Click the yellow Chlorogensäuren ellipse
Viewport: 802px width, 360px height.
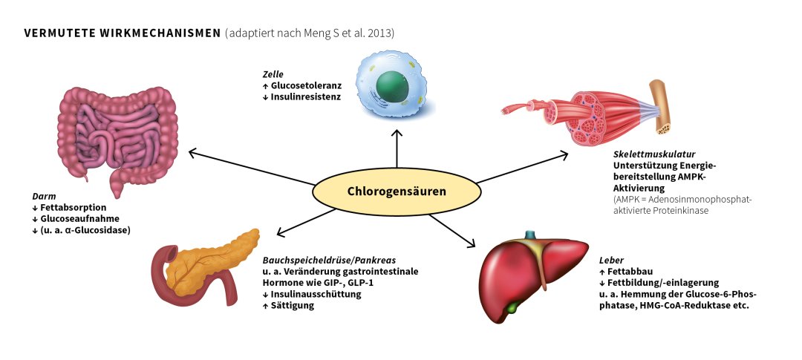(397, 192)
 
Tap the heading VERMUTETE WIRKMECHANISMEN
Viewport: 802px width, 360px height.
(123, 33)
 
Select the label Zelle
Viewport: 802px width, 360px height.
(273, 74)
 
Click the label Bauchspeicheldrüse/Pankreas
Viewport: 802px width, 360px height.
(329, 261)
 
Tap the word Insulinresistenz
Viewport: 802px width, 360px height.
(306, 96)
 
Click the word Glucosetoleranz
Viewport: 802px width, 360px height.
(306, 85)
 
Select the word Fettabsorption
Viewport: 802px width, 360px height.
(74, 208)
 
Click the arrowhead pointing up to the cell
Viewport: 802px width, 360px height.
(397, 134)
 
